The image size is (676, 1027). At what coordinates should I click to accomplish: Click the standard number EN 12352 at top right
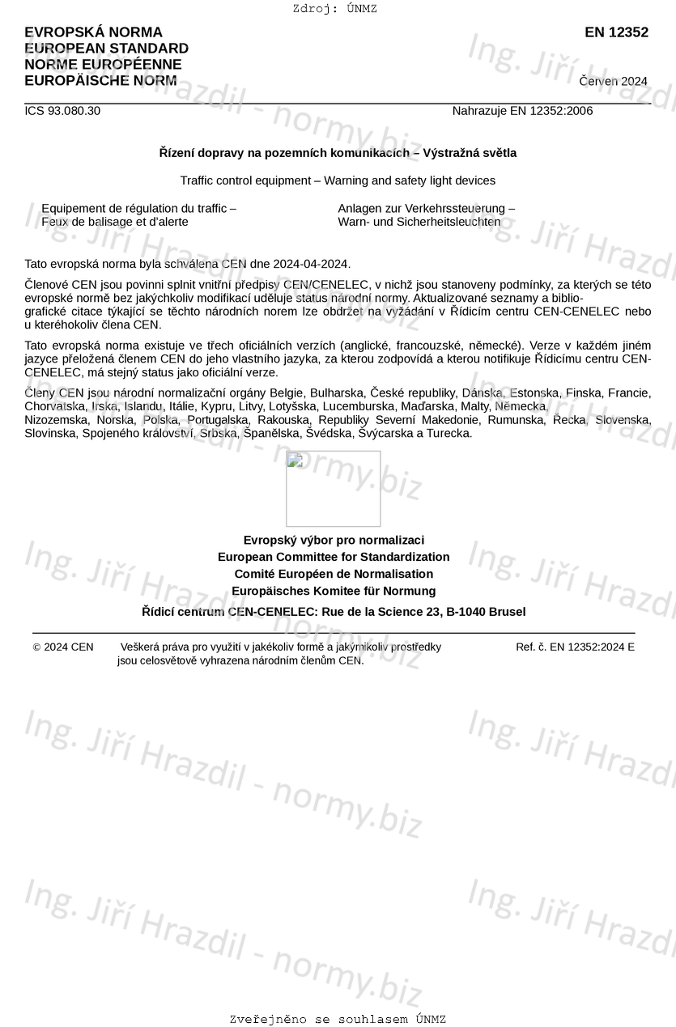point(616,32)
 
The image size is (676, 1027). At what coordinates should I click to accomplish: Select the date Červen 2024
point(613,81)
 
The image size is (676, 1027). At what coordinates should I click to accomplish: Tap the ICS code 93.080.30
point(62,111)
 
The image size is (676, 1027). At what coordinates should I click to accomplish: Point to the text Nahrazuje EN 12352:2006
point(522,111)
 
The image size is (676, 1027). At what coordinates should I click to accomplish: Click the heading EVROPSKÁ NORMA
point(93,32)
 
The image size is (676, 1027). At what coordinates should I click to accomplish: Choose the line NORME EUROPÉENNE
point(103,65)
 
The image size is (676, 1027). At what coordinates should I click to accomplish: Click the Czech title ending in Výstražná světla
point(338,153)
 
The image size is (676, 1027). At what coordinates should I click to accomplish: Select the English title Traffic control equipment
point(338,180)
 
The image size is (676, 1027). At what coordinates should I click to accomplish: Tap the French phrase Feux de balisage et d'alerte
point(115,222)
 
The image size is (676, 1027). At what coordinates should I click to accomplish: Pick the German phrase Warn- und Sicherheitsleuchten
point(419,222)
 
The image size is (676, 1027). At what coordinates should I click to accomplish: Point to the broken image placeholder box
point(333,488)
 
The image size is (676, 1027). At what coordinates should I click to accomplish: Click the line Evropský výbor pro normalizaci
point(334,540)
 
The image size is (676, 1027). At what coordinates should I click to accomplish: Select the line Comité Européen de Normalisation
point(334,574)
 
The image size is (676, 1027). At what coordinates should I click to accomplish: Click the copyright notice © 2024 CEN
point(63,647)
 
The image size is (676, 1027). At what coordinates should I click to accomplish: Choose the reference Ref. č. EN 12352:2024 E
point(575,647)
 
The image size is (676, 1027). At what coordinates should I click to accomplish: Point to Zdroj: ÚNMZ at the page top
point(335,9)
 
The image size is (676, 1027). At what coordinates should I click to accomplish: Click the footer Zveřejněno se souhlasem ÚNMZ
point(338,1020)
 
